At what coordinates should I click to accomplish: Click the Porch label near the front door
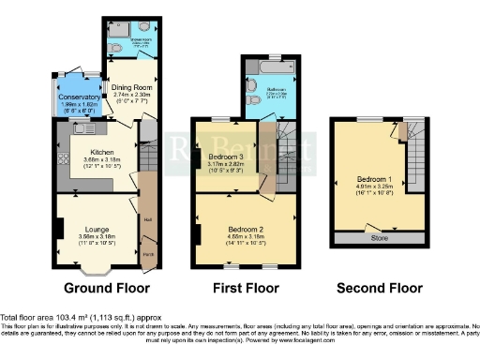(x=148, y=254)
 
